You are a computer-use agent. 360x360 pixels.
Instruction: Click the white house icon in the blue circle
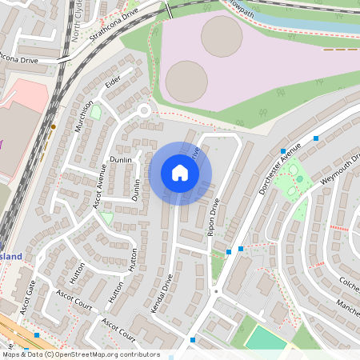pyautogui.click(x=180, y=172)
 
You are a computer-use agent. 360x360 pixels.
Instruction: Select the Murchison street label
pyautogui.click(x=86, y=116)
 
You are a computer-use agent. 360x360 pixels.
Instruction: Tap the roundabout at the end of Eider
pyautogui.click(x=145, y=110)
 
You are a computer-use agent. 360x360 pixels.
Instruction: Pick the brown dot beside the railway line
pyautogui.click(x=54, y=126)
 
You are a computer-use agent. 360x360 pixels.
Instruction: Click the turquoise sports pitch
pyautogui.click(x=264, y=338)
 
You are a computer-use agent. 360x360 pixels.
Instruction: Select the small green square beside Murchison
pyautogui.click(x=96, y=113)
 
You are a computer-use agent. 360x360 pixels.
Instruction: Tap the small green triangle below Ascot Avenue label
pyautogui.click(x=106, y=217)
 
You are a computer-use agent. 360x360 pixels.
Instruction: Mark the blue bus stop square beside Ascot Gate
pyautogui.click(x=37, y=335)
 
